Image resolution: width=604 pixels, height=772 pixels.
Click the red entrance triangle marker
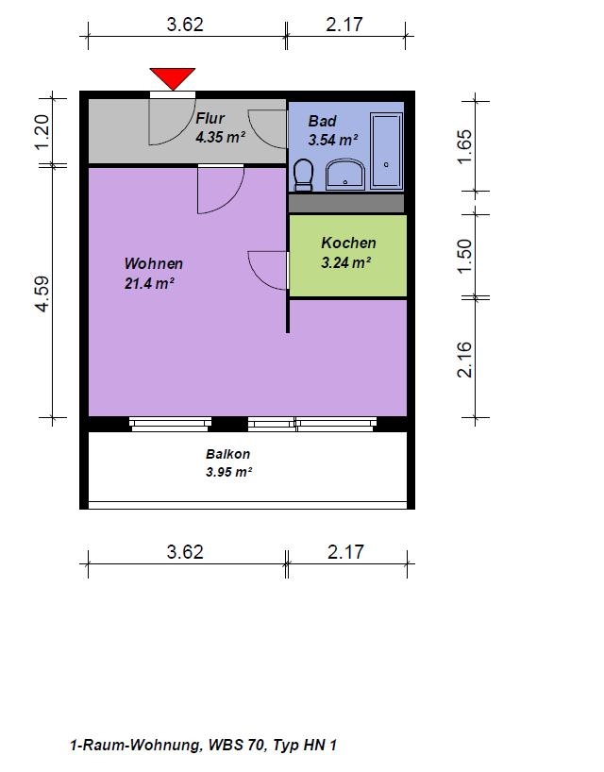173,78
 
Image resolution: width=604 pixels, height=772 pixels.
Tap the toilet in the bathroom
303,175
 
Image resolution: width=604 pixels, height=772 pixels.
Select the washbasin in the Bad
345,174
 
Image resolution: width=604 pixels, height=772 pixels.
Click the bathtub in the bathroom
386,150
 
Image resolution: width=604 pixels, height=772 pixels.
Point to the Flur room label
210,118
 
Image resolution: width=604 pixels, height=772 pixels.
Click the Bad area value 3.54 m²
333,140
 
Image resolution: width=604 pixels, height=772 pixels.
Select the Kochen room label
348,243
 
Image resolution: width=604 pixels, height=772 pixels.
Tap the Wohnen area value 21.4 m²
150,283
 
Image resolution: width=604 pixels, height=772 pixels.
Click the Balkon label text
227,454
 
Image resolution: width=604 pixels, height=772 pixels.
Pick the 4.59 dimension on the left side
43,294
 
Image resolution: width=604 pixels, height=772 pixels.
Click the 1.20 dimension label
42,132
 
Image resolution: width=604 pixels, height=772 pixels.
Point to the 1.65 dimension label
464,146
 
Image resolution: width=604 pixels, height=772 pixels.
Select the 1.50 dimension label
464,256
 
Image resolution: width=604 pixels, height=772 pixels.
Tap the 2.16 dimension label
464,360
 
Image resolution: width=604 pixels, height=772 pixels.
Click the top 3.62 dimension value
185,25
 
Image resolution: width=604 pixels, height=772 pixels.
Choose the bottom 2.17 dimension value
346,552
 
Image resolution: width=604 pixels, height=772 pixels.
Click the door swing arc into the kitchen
260,276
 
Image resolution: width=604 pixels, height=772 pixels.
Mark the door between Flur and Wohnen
221,189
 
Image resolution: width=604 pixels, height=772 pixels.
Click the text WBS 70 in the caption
236,745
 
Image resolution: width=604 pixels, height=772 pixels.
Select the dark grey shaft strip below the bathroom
346,203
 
